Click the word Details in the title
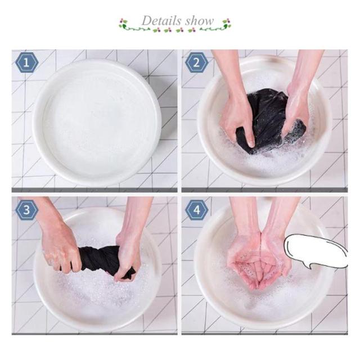click(161, 21)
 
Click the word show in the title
click(200, 21)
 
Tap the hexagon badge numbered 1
click(26, 62)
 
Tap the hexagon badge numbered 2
click(196, 62)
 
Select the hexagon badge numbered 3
click(26, 210)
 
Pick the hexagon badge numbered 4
click(196, 210)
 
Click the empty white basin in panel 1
click(97, 122)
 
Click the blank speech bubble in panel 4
click(316, 251)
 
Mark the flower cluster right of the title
click(226, 23)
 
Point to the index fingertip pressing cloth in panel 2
click(251, 144)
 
